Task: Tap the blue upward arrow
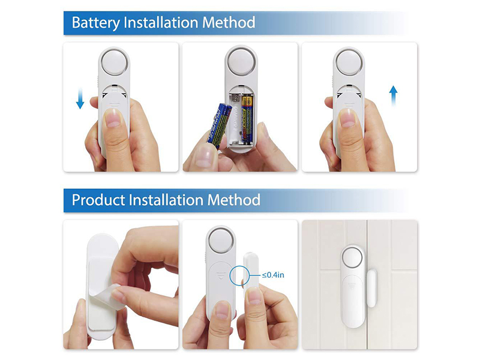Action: click(393, 96)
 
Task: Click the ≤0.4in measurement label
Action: click(273, 275)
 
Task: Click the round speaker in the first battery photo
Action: click(113, 62)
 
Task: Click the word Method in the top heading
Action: click(226, 23)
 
